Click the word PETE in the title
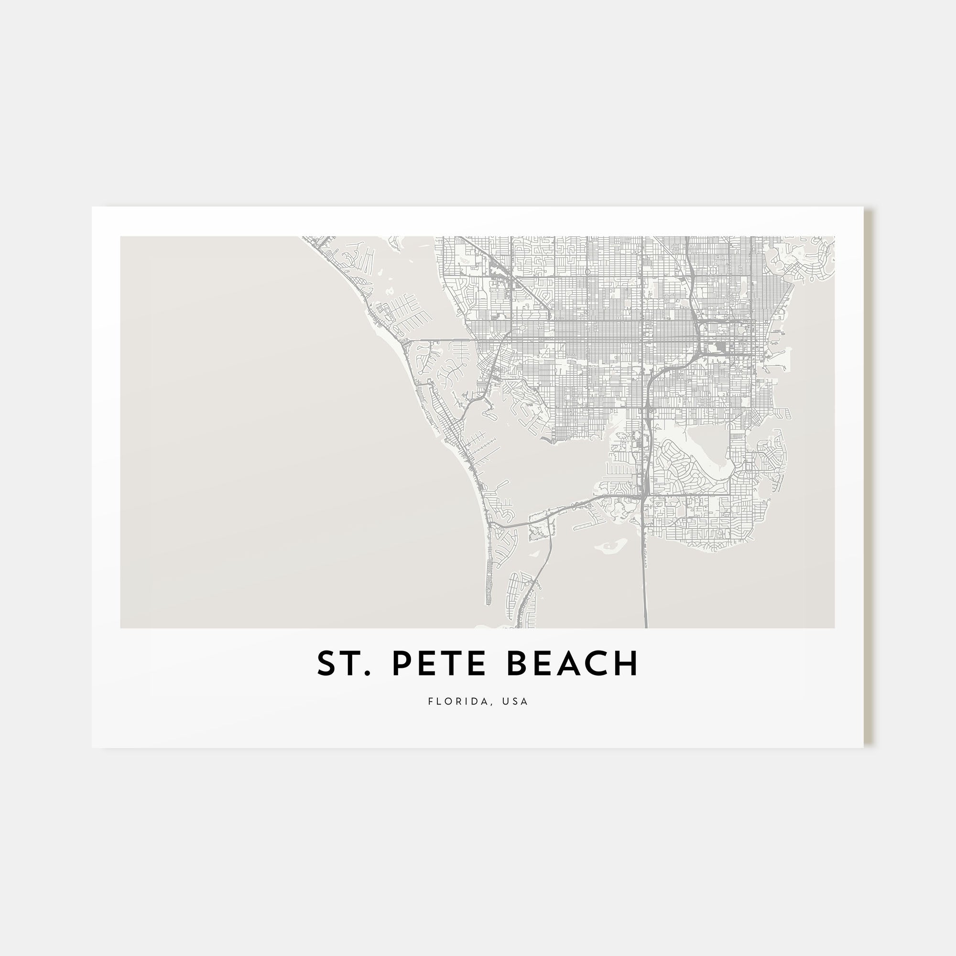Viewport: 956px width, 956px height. (442, 664)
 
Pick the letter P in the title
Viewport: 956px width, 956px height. (402, 664)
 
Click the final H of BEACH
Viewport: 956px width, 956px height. (628, 664)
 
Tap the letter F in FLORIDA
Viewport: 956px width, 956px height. (431, 702)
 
